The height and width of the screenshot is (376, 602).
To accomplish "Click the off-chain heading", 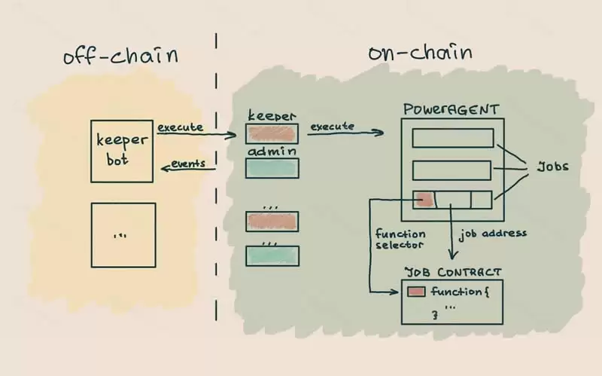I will tap(120, 57).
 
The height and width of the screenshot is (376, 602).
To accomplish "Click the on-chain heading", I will tap(420, 53).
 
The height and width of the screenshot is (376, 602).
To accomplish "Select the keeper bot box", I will tap(123, 151).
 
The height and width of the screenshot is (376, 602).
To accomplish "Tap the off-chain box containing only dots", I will tap(123, 235).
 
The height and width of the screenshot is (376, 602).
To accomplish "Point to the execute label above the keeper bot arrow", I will tap(180, 127).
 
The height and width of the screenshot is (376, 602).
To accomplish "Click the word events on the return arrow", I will tap(188, 164).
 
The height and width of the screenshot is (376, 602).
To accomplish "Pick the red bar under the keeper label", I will tap(272, 133).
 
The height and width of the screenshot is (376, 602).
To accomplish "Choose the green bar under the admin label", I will tap(272, 168).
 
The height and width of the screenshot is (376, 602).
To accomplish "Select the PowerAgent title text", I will tap(451, 110).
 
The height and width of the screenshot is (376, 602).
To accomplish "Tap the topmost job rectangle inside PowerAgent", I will tap(453, 137).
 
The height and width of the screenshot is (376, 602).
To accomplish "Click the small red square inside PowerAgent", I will tap(424, 200).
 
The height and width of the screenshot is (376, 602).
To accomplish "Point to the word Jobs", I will tap(552, 167).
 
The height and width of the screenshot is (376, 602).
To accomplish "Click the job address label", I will tap(492, 233).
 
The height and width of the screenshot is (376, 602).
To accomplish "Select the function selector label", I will tap(400, 240).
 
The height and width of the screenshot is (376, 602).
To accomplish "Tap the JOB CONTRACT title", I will tap(453, 271).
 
